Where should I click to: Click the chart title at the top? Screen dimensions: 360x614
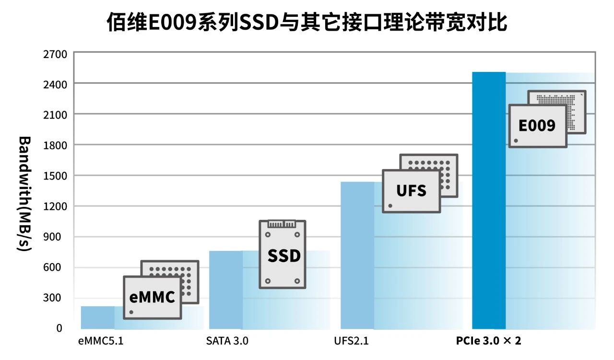pyautogui.click(x=307, y=22)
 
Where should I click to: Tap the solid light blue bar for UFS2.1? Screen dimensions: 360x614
pyautogui.click(x=357, y=254)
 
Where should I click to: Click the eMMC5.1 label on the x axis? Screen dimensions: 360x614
pyautogui.click(x=101, y=341)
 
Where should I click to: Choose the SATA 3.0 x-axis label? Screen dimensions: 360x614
pyautogui.click(x=227, y=341)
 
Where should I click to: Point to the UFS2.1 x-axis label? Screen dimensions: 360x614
pyautogui.click(x=351, y=341)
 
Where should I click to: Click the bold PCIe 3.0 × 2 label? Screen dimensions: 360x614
pyautogui.click(x=488, y=341)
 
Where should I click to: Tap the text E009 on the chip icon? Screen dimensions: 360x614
pyautogui.click(x=537, y=125)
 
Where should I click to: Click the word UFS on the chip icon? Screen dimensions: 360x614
pyautogui.click(x=411, y=191)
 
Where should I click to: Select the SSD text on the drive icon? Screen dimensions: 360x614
pyautogui.click(x=283, y=255)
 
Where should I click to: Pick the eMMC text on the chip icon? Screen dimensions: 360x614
pyautogui.click(x=152, y=297)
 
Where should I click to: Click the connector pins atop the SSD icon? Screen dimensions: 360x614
pyautogui.click(x=282, y=224)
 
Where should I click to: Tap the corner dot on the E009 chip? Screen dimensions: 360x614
pyautogui.click(x=516, y=141)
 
